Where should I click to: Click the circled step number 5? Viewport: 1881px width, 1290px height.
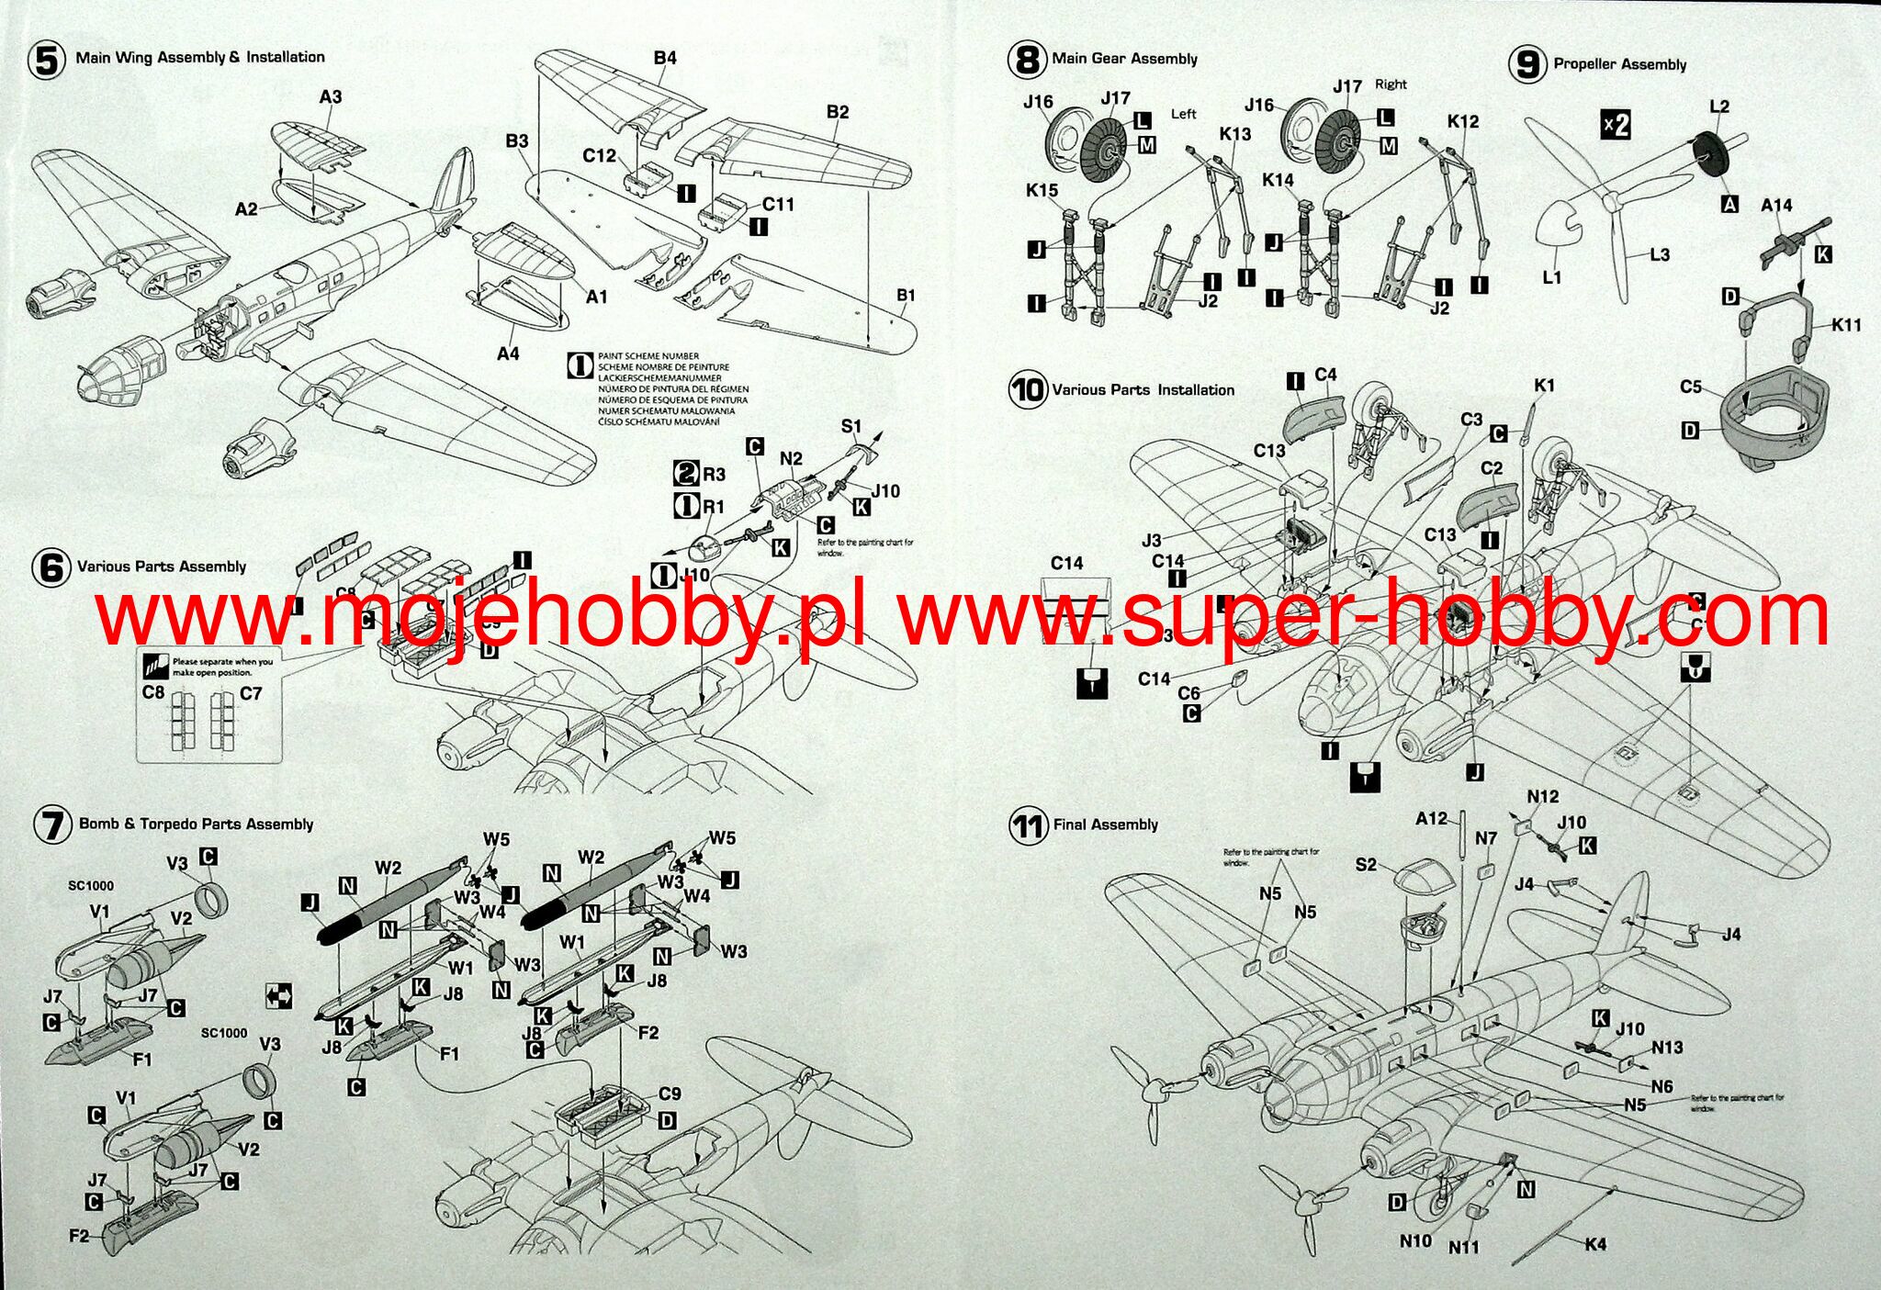point(47,61)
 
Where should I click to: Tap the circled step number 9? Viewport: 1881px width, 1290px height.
point(1527,65)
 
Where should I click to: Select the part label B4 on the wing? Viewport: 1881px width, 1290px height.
point(665,58)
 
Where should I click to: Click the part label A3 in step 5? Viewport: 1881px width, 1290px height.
point(331,96)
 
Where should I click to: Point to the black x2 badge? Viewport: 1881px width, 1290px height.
point(1616,124)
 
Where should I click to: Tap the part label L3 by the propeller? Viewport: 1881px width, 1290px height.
point(1660,254)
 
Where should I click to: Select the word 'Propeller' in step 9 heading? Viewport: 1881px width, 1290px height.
point(1585,64)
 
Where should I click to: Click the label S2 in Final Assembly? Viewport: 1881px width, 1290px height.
point(1367,865)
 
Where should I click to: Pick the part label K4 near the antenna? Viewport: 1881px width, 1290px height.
point(1595,1244)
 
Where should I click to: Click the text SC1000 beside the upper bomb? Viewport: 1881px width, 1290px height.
point(91,886)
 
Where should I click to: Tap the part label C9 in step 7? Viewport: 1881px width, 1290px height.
point(670,1094)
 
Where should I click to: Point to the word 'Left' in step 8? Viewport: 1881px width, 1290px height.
point(1184,114)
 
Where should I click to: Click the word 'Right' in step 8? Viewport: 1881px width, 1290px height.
point(1391,84)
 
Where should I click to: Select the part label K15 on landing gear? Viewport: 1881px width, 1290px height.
point(1042,191)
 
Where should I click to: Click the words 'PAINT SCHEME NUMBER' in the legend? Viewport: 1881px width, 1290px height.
point(648,356)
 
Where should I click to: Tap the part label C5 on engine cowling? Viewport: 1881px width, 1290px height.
point(1691,387)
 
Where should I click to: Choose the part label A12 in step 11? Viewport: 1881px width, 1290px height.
point(1431,818)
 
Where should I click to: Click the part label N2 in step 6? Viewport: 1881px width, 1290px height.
point(791,458)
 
